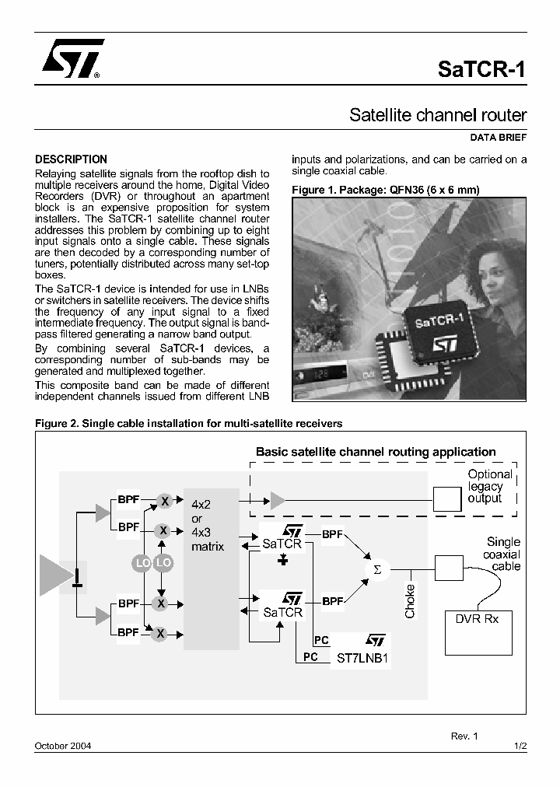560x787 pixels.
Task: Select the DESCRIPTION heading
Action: (x=72, y=159)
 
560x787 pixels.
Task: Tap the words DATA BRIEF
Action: (x=499, y=138)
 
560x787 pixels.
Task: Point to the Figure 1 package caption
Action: (x=385, y=190)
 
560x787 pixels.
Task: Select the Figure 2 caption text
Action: (x=189, y=424)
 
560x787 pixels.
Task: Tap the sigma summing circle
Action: (x=378, y=569)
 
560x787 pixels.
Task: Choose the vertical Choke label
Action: (x=410, y=600)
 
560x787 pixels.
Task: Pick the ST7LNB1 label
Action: (x=362, y=657)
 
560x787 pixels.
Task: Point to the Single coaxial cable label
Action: (x=502, y=554)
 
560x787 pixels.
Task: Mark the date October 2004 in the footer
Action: (x=63, y=746)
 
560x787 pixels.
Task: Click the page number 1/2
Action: (x=521, y=746)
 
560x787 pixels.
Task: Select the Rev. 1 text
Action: (x=464, y=735)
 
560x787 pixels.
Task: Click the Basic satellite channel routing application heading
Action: (x=376, y=452)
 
